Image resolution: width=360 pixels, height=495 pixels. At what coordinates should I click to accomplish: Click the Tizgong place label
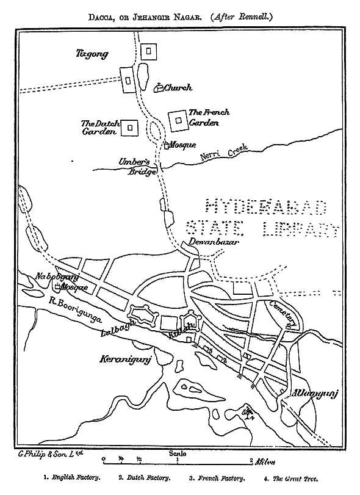click(92, 54)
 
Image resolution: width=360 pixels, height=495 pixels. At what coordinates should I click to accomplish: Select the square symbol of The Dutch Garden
click(129, 127)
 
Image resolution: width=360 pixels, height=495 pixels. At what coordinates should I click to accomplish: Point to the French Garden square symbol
click(178, 120)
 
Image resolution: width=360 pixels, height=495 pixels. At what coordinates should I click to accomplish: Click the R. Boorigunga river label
click(75, 308)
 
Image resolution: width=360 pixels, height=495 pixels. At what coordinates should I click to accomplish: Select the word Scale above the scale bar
click(178, 453)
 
